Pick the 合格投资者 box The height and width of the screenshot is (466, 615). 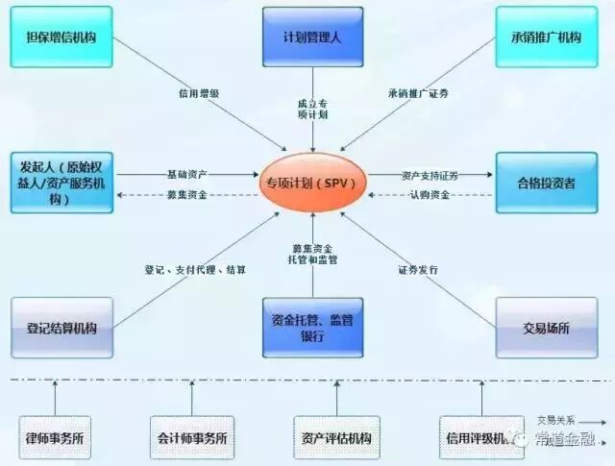click(545, 182)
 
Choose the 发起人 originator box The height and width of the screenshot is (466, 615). click(60, 182)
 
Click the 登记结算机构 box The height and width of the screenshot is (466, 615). click(60, 328)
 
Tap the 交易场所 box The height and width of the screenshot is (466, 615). click(545, 328)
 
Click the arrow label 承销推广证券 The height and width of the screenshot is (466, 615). click(418, 94)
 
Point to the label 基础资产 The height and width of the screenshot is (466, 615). click(186, 174)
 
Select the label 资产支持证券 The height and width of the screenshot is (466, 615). click(430, 176)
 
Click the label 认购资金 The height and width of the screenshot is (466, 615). click(430, 196)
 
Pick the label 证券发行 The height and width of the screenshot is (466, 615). click(418, 270)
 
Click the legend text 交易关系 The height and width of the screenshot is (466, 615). click(555, 419)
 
